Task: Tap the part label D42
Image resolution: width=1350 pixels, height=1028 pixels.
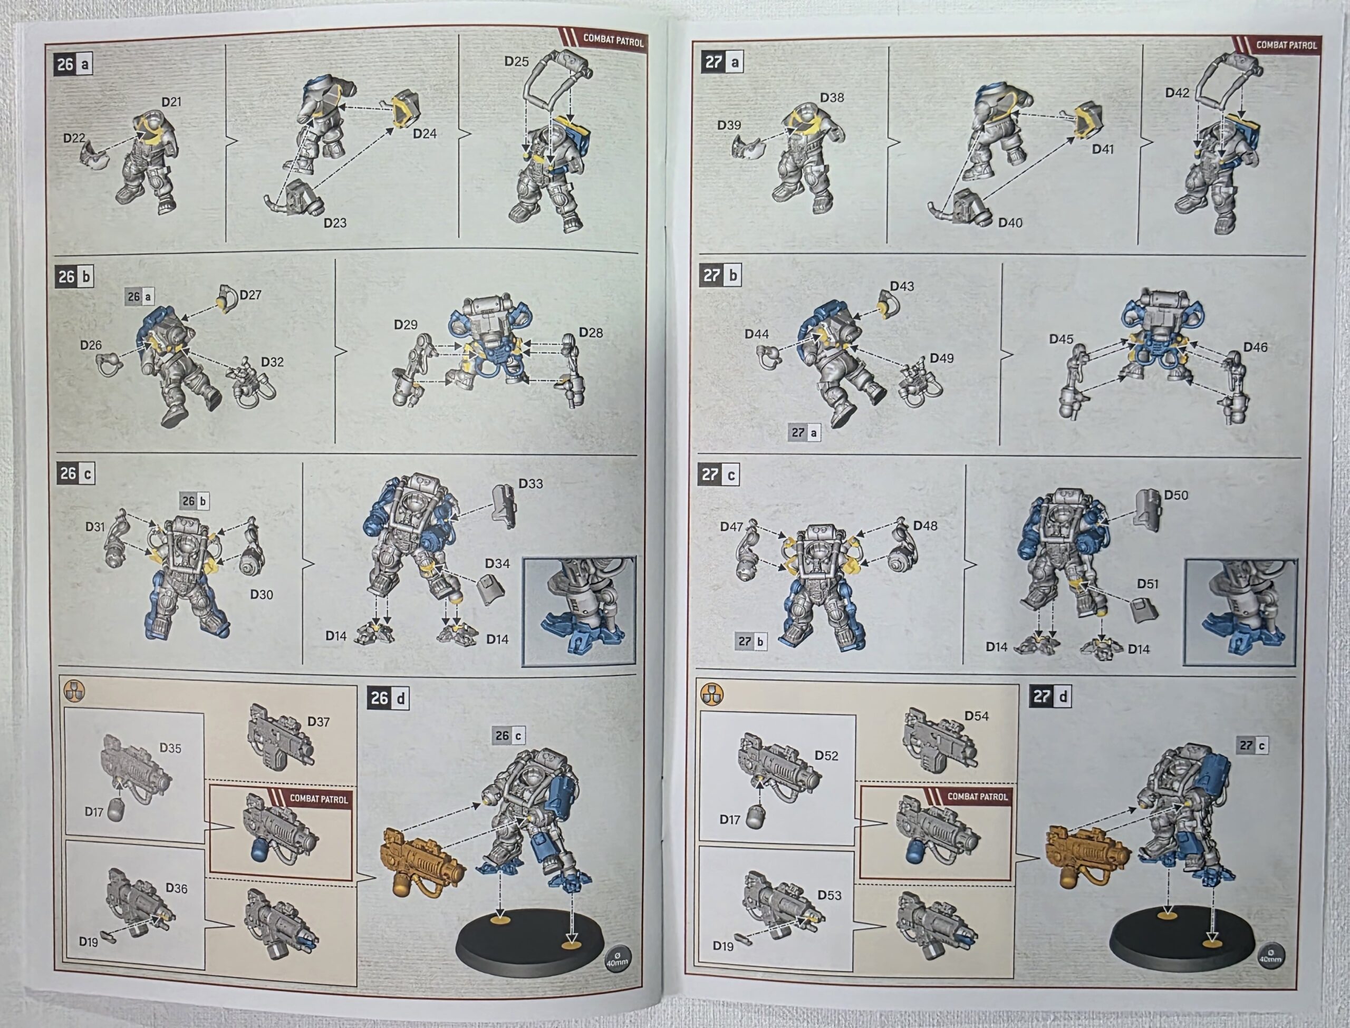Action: pos(1177,93)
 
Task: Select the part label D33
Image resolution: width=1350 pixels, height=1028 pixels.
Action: pos(531,483)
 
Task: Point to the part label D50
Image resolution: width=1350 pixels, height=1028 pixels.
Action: pos(1175,495)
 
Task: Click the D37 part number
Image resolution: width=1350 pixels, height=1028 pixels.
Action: pos(318,722)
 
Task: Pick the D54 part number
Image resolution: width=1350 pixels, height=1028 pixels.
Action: pos(976,716)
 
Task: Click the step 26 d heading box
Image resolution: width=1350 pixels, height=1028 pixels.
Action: pos(388,698)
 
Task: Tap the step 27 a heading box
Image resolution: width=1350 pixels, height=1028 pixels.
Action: pos(722,62)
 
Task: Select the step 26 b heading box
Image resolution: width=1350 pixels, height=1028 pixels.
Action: pos(73,277)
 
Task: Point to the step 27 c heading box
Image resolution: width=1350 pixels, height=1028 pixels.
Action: pos(718,474)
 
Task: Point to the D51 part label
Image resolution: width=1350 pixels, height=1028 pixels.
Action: pos(1147,584)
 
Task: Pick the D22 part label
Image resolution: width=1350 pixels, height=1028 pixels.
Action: pos(74,138)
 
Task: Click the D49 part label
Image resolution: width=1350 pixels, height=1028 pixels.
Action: pos(941,358)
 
